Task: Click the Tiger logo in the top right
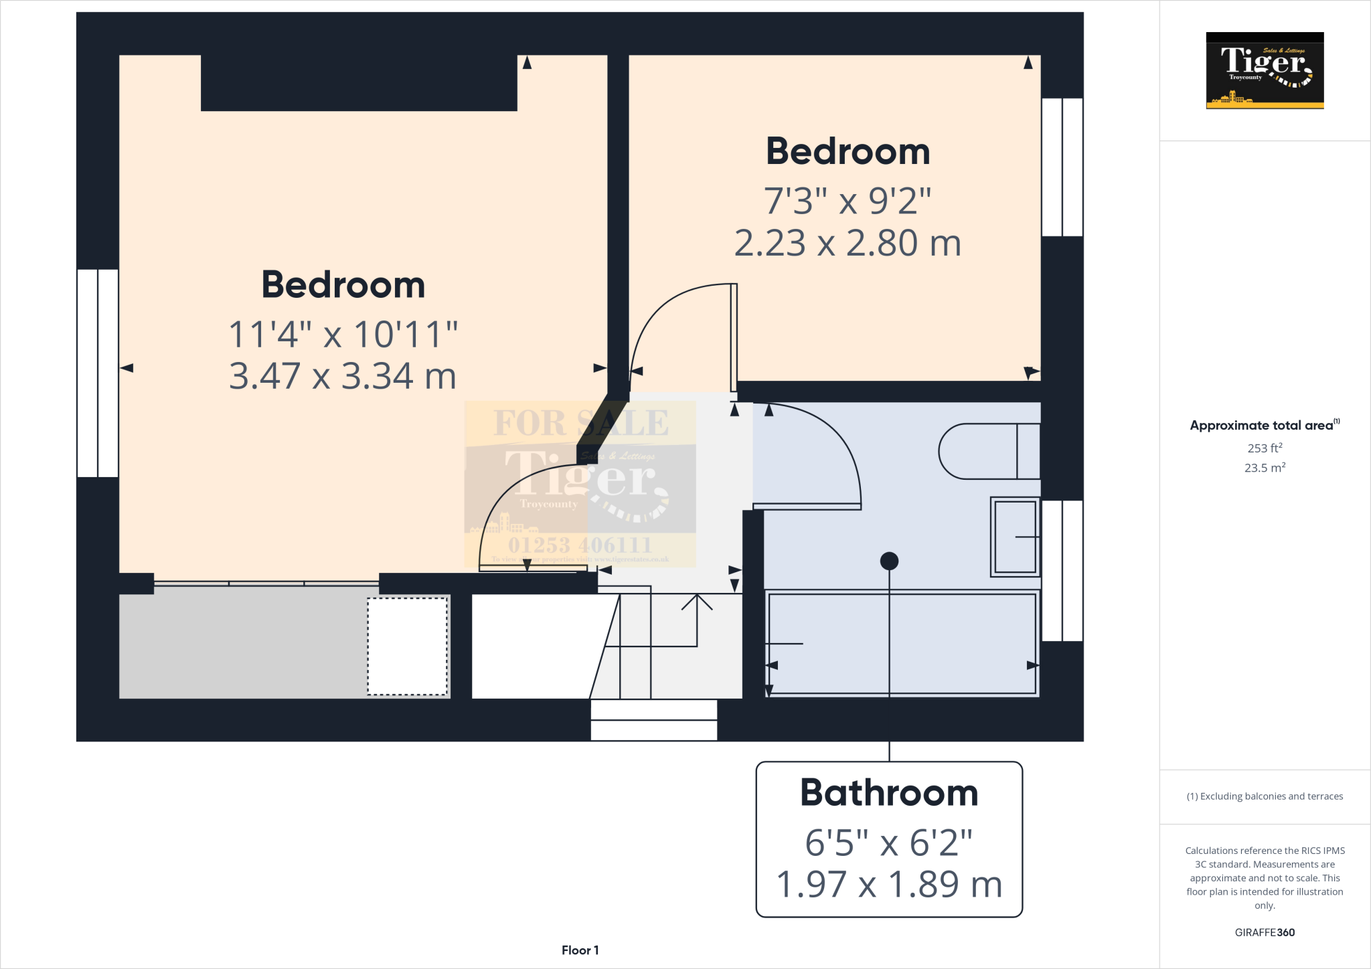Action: pyautogui.click(x=1265, y=70)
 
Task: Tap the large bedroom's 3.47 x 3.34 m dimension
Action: pyautogui.click(x=343, y=376)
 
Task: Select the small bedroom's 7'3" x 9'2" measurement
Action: pyautogui.click(x=848, y=201)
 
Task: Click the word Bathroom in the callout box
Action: pyautogui.click(x=889, y=793)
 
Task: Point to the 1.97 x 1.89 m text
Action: pyautogui.click(x=889, y=885)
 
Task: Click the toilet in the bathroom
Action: pyautogui.click(x=987, y=452)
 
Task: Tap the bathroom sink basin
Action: pyautogui.click(x=1015, y=537)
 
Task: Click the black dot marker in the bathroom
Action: pyautogui.click(x=889, y=561)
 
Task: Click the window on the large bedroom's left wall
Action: pyautogui.click(x=98, y=373)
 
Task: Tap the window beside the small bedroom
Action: pyautogui.click(x=1062, y=167)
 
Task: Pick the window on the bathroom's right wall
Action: pyautogui.click(x=1062, y=571)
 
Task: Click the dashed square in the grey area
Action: pyautogui.click(x=407, y=646)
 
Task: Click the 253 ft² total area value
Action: pyautogui.click(x=1265, y=448)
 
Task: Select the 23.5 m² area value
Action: pyautogui.click(x=1265, y=468)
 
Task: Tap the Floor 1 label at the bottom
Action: pyautogui.click(x=580, y=950)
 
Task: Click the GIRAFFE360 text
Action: pyautogui.click(x=1265, y=932)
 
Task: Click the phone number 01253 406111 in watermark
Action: pyautogui.click(x=580, y=545)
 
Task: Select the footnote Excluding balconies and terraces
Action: pyautogui.click(x=1265, y=796)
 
